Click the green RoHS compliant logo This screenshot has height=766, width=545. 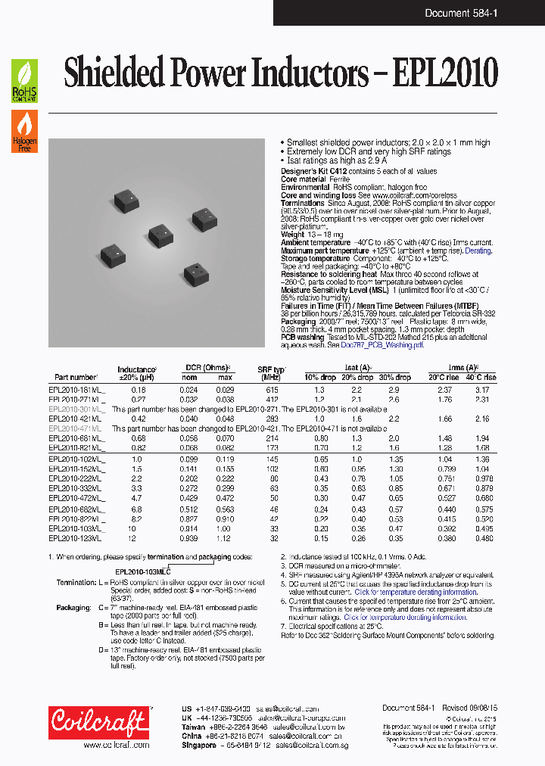coord(24,81)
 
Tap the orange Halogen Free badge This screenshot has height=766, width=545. coord(24,131)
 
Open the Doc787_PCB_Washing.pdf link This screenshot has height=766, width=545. coord(378,344)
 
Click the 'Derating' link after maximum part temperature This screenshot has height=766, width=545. coord(478,251)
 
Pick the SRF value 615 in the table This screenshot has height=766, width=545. coord(272,390)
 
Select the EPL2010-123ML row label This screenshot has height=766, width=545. coord(76,538)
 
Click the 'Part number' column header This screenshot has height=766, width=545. coord(76,377)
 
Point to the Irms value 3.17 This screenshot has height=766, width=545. coord(481,390)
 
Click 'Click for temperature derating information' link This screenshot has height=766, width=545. coord(405,617)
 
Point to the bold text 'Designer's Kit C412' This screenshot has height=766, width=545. coord(313,172)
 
